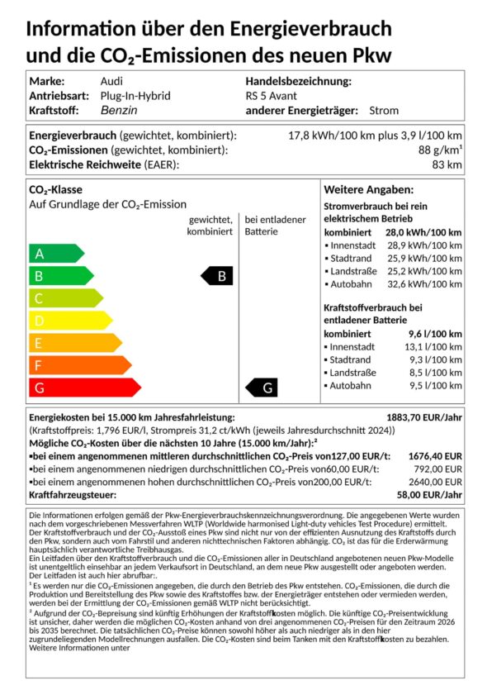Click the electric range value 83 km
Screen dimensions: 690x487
pyautogui.click(x=447, y=164)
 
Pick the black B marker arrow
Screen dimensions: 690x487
pyautogui.click(x=217, y=276)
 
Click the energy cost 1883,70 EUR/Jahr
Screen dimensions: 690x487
pyautogui.click(x=424, y=417)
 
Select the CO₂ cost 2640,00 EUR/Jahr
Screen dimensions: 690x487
pyautogui.click(x=430, y=482)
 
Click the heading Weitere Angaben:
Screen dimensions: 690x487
pyautogui.click(x=368, y=189)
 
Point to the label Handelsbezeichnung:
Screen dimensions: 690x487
pyautogui.click(x=298, y=81)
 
